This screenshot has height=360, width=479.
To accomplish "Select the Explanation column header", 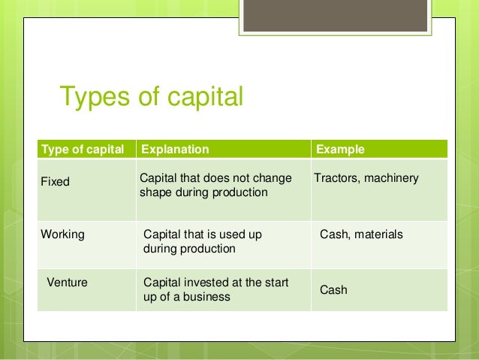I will (175, 150).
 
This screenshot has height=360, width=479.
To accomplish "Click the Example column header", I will (340, 150).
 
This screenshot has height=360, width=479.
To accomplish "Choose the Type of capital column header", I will (83, 150).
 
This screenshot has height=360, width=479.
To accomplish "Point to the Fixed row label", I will (55, 182).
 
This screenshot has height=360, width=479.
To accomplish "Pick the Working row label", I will (62, 234).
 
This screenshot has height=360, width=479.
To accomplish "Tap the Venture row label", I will (68, 283).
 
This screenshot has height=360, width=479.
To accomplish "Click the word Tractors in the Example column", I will (336, 178).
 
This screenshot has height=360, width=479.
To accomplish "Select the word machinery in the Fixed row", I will (391, 178).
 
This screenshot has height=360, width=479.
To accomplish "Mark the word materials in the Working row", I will (378, 234).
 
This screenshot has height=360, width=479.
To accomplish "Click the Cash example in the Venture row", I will (333, 289).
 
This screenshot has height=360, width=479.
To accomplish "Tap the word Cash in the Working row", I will (333, 234).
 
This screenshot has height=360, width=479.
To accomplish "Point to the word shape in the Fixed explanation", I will (155, 192).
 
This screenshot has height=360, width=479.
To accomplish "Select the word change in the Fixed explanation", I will (273, 178).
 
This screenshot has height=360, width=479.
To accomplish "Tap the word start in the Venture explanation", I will (271, 283).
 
